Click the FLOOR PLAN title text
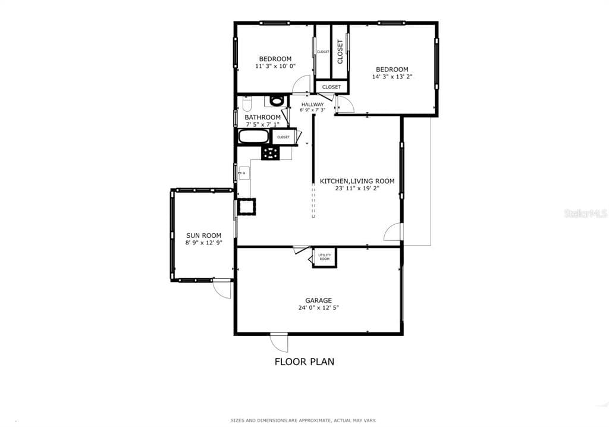tap(304, 361)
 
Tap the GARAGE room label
tap(318, 300)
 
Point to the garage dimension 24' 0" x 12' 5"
tap(318, 308)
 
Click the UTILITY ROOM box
tap(325, 257)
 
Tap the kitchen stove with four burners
tap(270, 153)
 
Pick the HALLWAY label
tap(312, 105)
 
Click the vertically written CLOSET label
tap(340, 52)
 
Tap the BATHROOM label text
tap(262, 117)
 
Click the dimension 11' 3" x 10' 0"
tap(275, 66)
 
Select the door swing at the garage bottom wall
tap(280, 342)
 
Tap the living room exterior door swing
tap(393, 232)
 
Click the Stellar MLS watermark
tap(585, 213)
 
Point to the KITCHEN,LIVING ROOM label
tap(357, 181)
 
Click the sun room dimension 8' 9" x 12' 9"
tap(203, 243)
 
